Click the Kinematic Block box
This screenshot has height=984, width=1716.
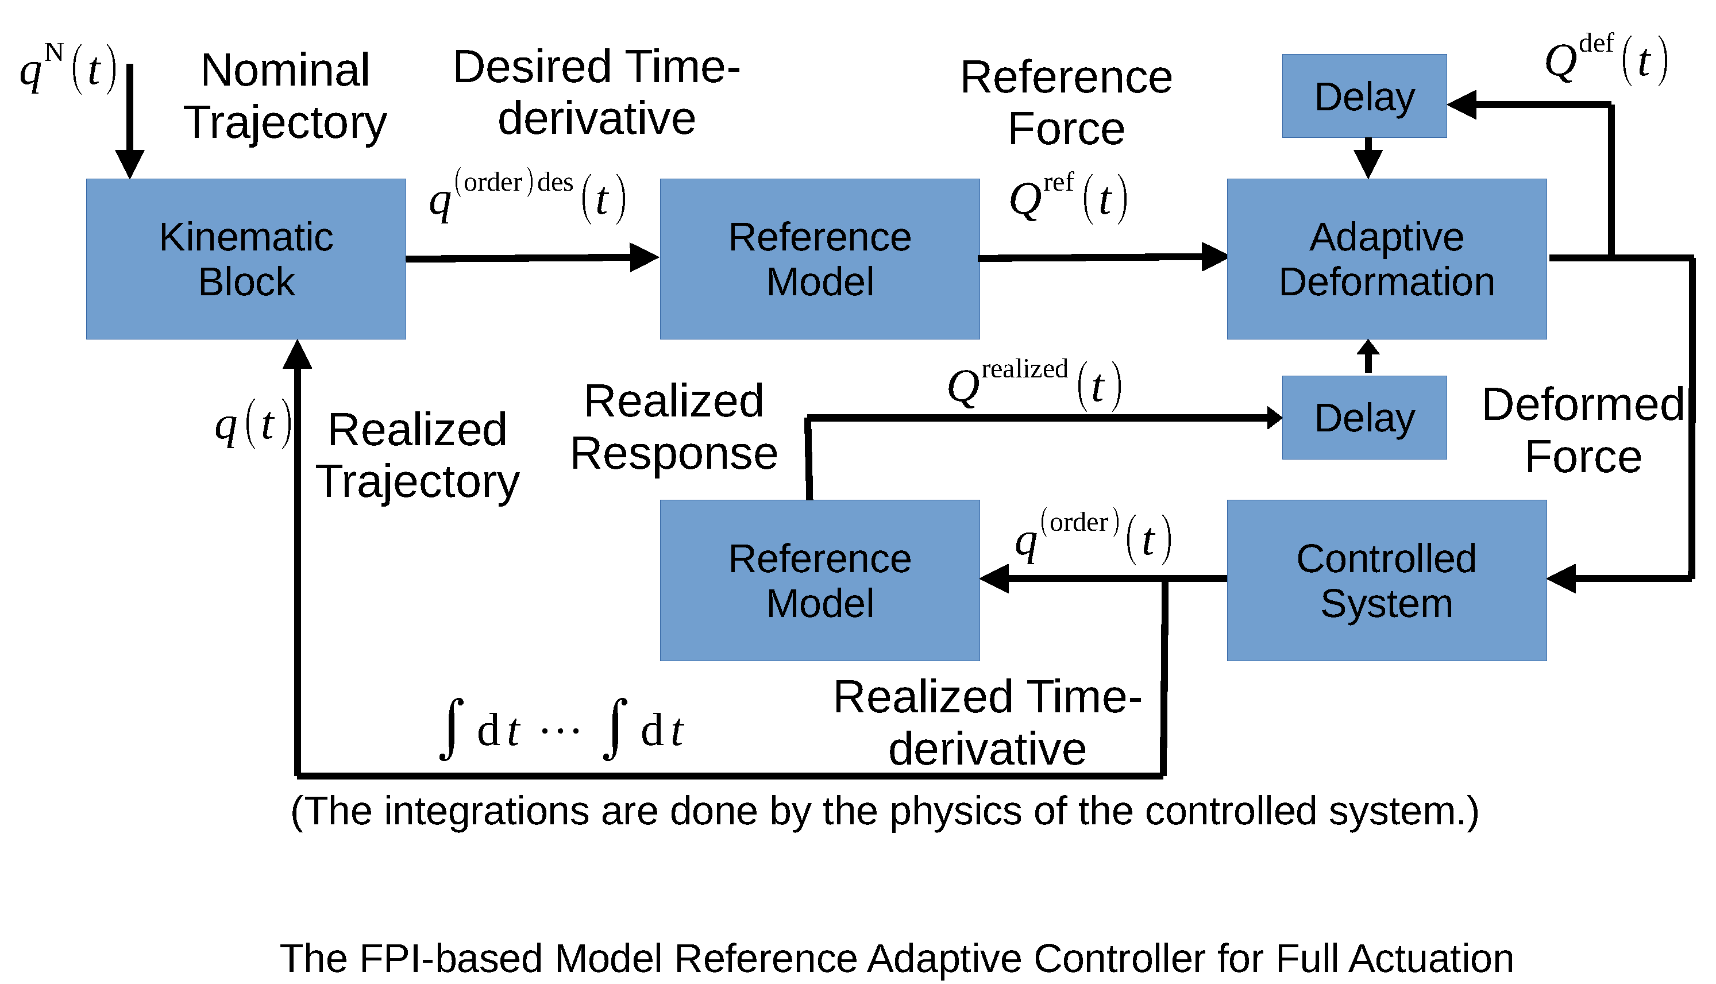(x=246, y=259)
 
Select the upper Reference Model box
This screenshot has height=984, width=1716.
(x=819, y=259)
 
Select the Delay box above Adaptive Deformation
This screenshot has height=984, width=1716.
(x=1363, y=96)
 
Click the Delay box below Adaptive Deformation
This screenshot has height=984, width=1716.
(x=1363, y=418)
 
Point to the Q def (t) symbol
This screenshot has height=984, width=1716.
(x=1605, y=60)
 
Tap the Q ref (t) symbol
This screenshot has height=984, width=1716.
(x=1068, y=198)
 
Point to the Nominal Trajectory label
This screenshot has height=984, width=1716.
(x=285, y=96)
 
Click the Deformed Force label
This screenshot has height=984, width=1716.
(x=1583, y=430)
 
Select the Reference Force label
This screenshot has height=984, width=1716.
(x=1066, y=103)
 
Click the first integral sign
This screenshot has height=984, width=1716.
(x=451, y=729)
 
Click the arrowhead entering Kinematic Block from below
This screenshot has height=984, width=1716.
(x=298, y=355)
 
